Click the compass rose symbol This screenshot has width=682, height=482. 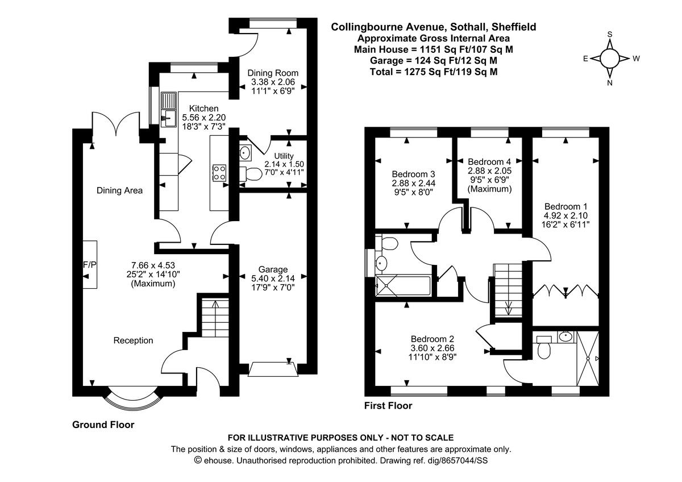tap(610, 58)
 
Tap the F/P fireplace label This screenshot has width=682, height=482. tap(89, 264)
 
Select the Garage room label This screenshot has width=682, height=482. tap(273, 269)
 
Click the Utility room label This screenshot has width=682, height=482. tap(284, 155)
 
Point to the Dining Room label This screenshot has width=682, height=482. tap(273, 73)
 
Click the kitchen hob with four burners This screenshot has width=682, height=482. tap(219, 172)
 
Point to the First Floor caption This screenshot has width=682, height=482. tap(388, 406)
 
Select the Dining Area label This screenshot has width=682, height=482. tap(119, 190)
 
